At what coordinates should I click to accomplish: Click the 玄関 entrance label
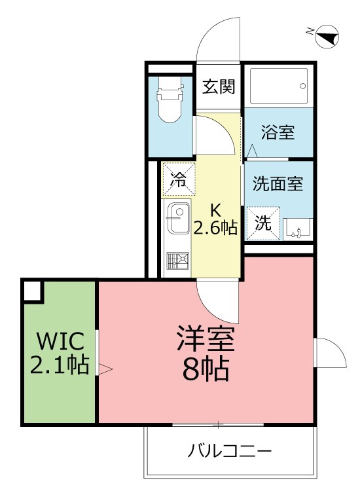tap(219, 87)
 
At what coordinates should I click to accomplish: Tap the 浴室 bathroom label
tap(278, 133)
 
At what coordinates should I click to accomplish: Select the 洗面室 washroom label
tap(278, 184)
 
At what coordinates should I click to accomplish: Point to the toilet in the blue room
tap(169, 101)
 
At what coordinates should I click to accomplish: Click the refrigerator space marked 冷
tap(178, 179)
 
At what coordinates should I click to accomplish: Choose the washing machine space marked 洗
tap(262, 223)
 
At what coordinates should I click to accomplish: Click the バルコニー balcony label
tap(230, 451)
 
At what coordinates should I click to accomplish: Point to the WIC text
tap(60, 341)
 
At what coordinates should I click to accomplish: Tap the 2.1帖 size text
tap(60, 365)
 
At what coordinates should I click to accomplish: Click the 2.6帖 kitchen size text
tap(215, 227)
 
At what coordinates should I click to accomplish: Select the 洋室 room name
tap(206, 340)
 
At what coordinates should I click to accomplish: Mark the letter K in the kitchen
tap(215, 210)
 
